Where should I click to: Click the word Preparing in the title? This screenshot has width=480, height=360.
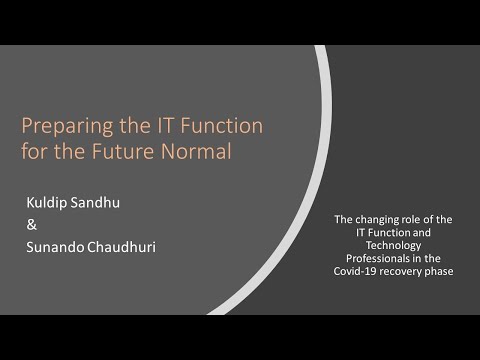tap(62, 127)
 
